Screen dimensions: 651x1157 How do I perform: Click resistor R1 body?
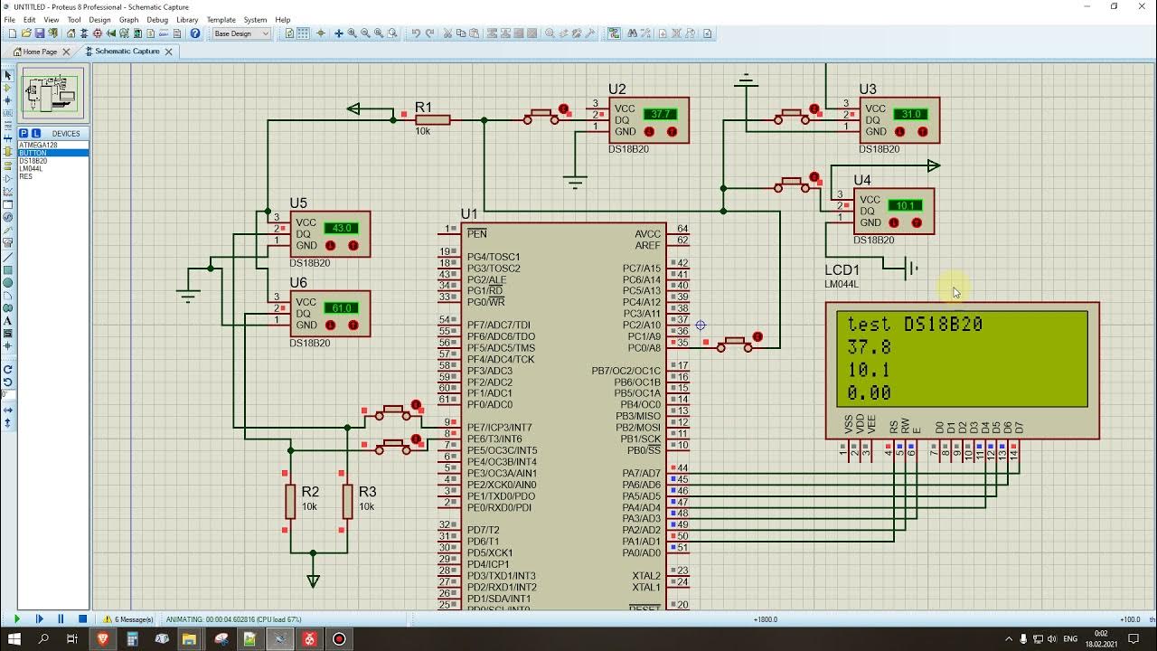click(x=433, y=119)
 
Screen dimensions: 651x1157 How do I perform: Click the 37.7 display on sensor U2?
click(x=660, y=115)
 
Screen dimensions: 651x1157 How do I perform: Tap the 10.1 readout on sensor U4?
click(x=905, y=206)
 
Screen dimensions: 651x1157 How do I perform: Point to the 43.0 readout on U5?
click(x=342, y=228)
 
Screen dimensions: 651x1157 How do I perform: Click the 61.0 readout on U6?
click(x=342, y=308)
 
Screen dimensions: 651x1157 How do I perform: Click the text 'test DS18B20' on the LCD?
click(x=915, y=325)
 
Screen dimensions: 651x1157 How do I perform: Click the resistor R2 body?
click(x=290, y=501)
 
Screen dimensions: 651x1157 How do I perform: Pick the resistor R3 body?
click(x=347, y=501)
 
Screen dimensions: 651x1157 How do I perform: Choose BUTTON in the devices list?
click(x=33, y=153)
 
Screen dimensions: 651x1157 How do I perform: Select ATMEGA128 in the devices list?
click(x=38, y=145)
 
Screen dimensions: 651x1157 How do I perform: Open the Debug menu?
click(x=157, y=20)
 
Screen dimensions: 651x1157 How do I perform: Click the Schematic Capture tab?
click(x=127, y=52)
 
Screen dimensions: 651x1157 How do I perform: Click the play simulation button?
click(x=17, y=619)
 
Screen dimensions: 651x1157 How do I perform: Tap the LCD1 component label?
click(x=842, y=270)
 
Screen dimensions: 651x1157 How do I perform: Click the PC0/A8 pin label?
click(x=644, y=348)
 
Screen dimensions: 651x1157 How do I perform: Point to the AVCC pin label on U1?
click(x=647, y=234)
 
